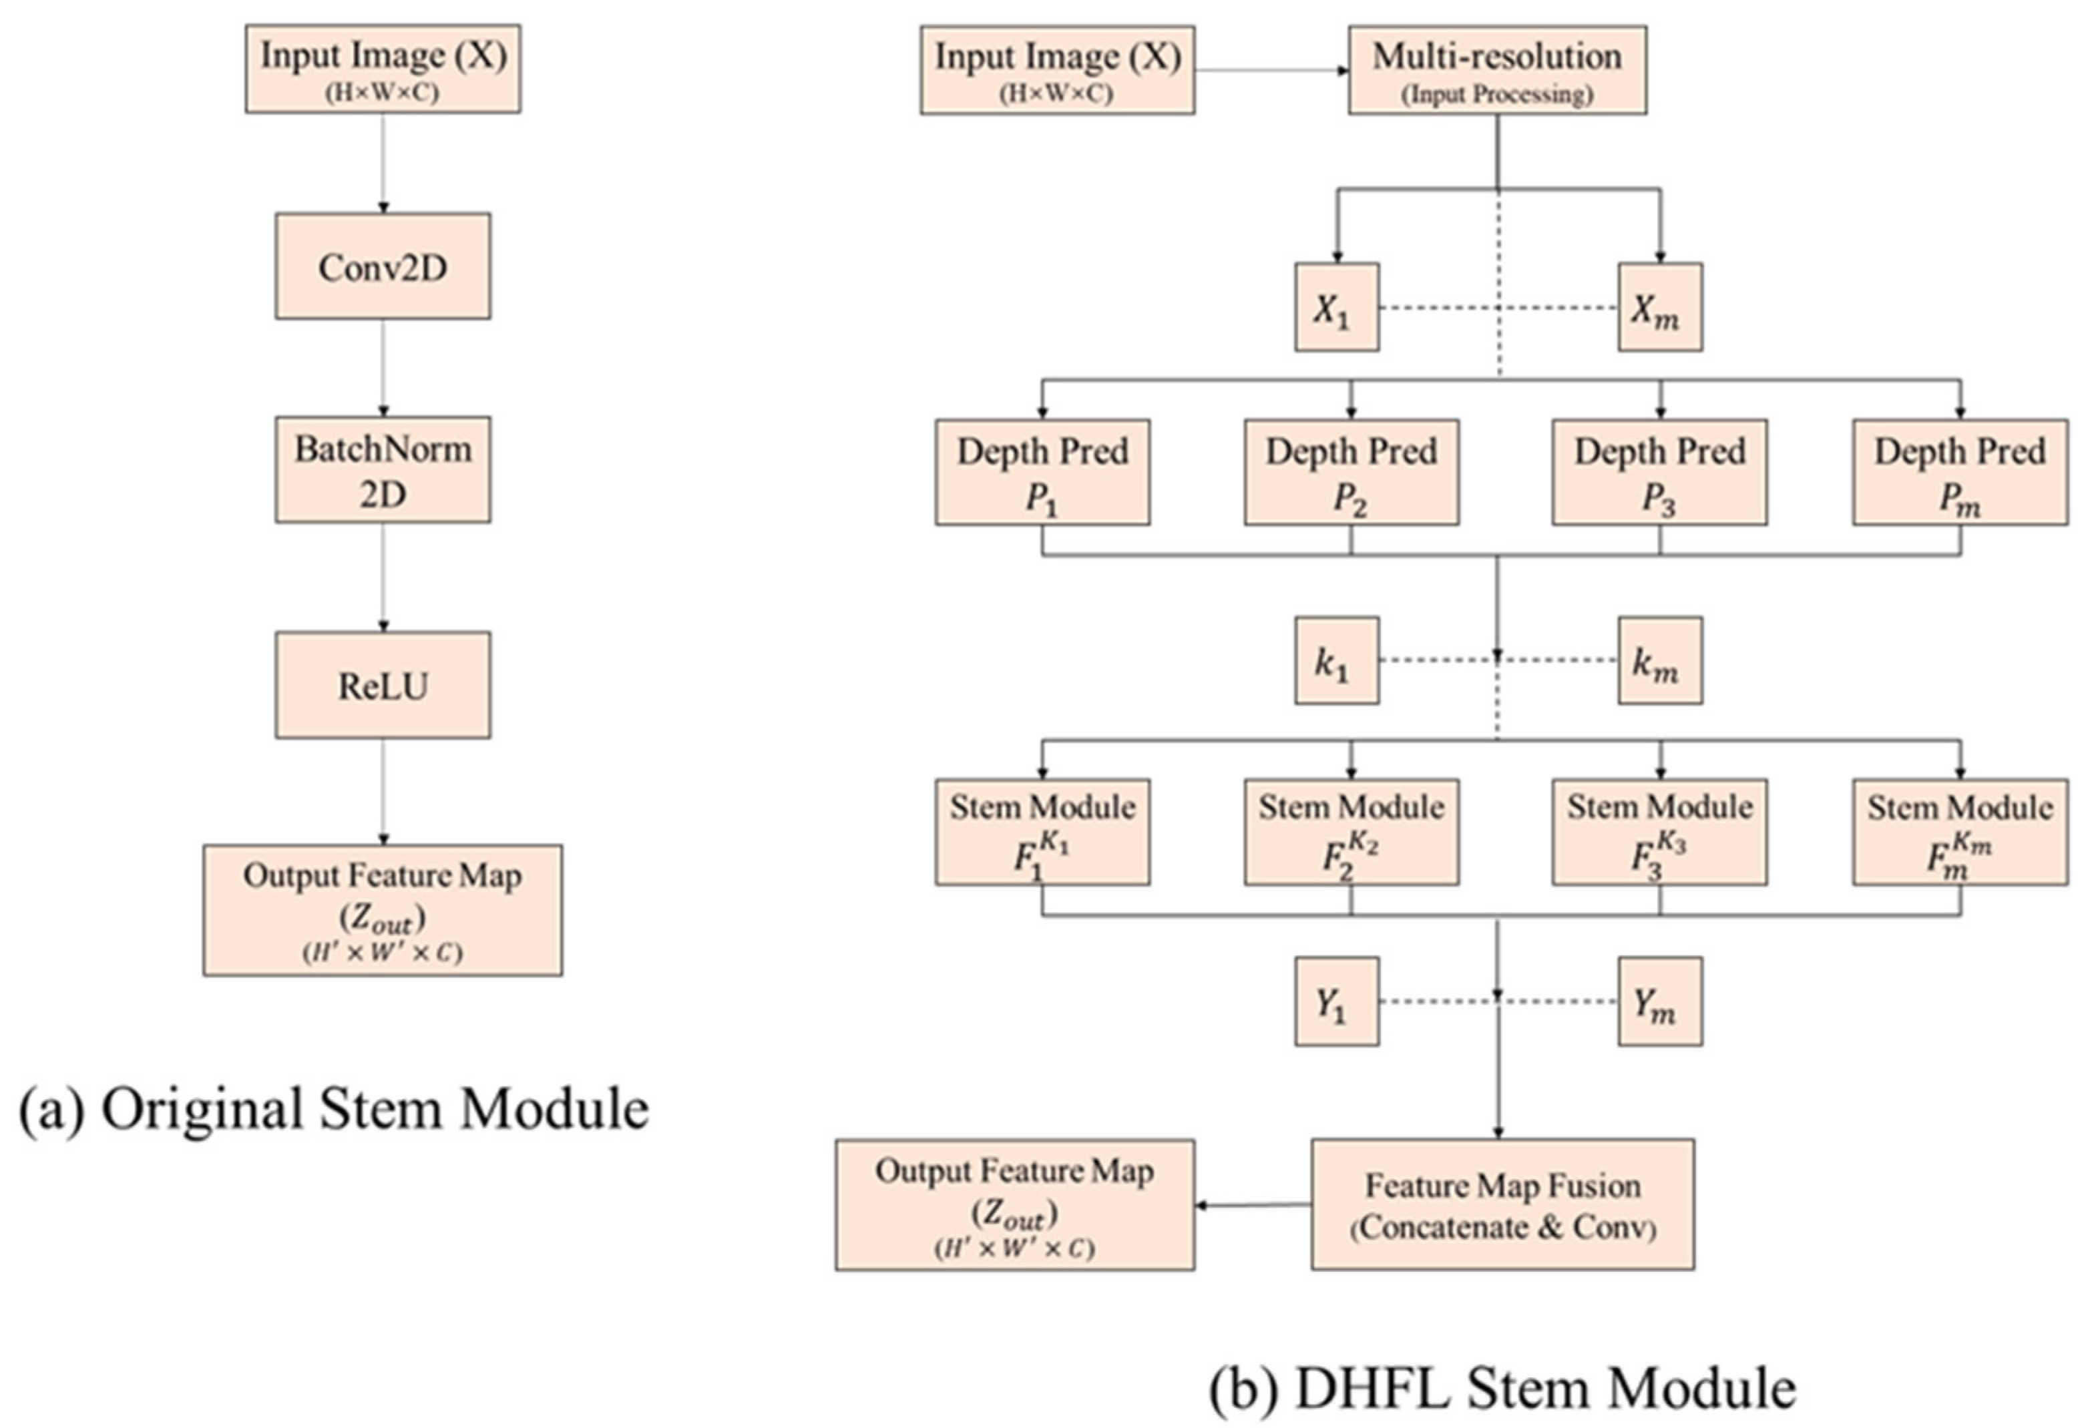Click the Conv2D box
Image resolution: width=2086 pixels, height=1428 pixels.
[383, 266]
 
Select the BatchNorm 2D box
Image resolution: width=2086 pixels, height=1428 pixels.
[383, 469]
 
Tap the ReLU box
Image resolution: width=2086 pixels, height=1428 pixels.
[383, 686]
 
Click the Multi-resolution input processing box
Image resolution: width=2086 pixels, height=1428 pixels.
[1496, 70]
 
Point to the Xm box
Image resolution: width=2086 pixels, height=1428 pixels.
[1659, 308]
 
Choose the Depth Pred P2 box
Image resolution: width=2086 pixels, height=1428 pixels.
[1350, 472]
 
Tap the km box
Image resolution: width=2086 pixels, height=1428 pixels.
[1659, 661]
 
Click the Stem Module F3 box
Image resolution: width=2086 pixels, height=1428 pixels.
[1659, 832]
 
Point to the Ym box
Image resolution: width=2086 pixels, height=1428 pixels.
[1659, 1001]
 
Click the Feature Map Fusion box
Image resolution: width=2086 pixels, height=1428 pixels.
[1502, 1204]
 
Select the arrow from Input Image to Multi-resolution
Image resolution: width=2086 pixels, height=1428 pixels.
[1270, 70]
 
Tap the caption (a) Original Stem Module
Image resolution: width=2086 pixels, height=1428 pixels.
[334, 1110]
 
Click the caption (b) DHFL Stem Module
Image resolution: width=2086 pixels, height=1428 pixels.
[1502, 1388]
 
